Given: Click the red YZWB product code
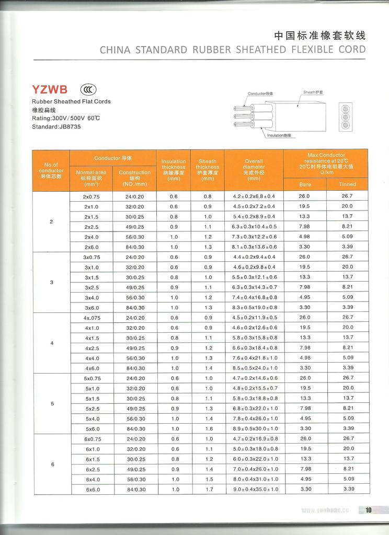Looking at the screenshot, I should [50, 89].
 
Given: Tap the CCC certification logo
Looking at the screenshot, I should [87, 89].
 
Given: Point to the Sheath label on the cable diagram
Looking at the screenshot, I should [313, 92].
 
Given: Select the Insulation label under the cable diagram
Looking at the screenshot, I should [279, 135].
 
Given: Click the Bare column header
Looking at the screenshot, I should [305, 184].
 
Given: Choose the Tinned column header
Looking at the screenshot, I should [347, 184].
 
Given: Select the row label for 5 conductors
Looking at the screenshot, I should [51, 403].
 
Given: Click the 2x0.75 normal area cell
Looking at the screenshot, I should [91, 196].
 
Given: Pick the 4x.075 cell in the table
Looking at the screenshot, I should [91, 318].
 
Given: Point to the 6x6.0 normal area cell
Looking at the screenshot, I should [92, 489].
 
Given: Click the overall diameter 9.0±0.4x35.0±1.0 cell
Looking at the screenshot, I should [254, 489].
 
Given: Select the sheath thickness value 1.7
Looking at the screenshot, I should [208, 489].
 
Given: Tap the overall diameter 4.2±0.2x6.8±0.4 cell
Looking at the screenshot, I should [254, 196].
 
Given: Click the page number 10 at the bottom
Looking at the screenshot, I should [368, 510].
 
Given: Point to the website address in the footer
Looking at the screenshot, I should [325, 510].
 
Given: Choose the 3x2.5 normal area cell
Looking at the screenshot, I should [91, 287].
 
